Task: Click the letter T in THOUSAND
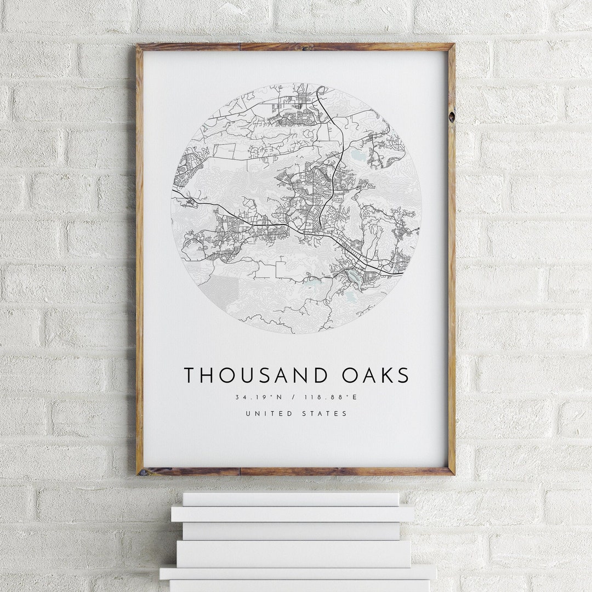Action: click(190, 375)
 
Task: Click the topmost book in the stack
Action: click(291, 499)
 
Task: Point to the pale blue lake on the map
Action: click(358, 156)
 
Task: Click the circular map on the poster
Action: click(296, 208)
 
